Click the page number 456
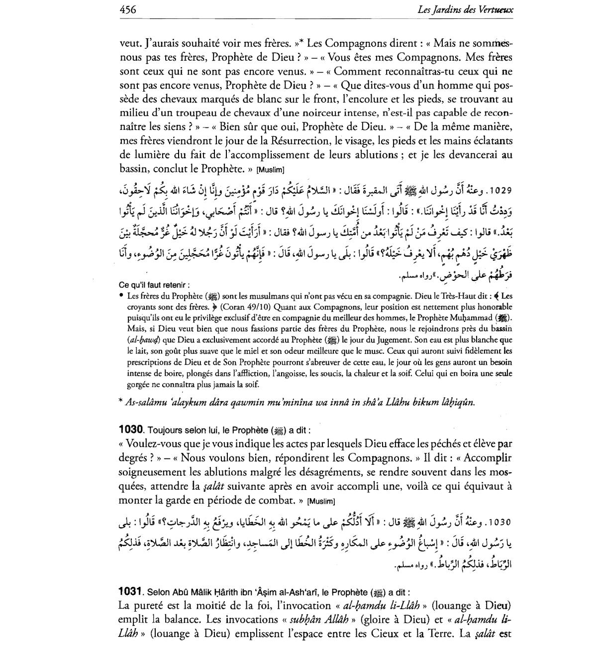[128, 9]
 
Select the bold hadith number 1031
[131, 592]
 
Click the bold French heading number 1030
[131, 429]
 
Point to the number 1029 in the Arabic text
[500, 191]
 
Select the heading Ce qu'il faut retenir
[154, 285]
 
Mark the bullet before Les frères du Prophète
[121, 295]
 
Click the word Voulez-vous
[154, 443]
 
